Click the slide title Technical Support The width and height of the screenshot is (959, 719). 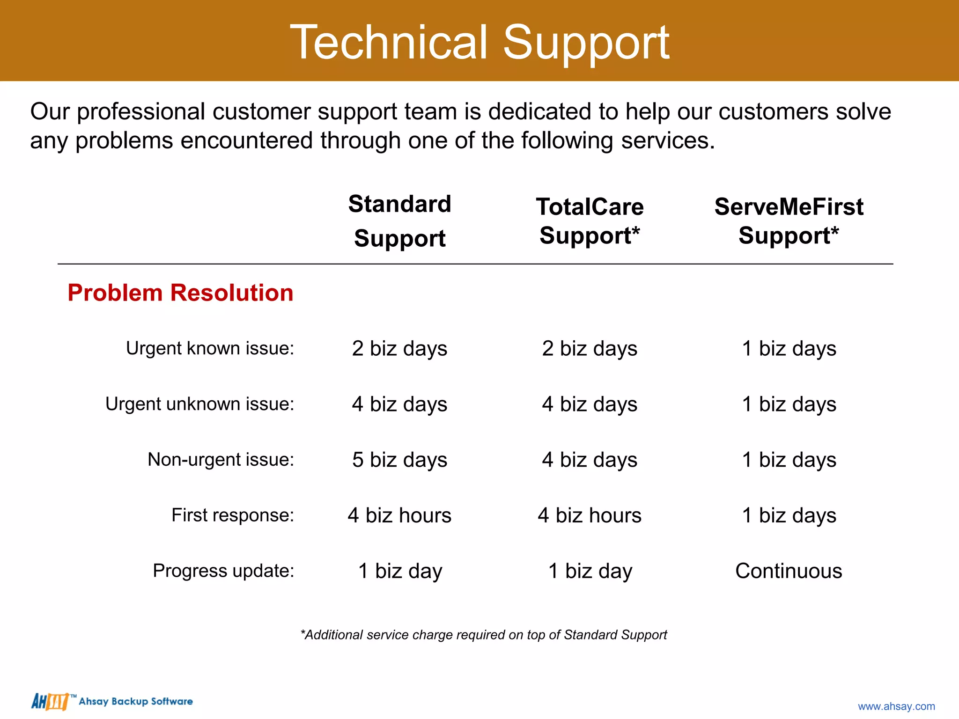[x=479, y=43]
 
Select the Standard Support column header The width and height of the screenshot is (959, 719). [x=399, y=221]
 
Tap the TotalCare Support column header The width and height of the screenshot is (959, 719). [x=590, y=221]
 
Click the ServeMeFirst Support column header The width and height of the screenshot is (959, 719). [x=789, y=221]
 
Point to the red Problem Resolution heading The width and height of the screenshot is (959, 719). [x=180, y=293]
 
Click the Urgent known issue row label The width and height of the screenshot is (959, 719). [x=210, y=348]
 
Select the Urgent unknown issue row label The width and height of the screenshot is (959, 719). [x=199, y=404]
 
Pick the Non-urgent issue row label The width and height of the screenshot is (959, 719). [x=221, y=460]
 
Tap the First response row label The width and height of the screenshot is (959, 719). [x=233, y=515]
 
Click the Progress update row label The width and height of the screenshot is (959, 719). [x=223, y=571]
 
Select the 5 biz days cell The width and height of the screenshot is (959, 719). [x=399, y=460]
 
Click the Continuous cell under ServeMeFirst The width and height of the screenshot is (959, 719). [x=789, y=571]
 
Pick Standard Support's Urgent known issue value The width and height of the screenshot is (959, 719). [x=399, y=349]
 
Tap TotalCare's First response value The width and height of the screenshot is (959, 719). [x=590, y=515]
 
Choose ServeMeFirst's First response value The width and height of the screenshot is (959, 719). [x=789, y=515]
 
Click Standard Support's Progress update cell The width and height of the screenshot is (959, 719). [x=399, y=571]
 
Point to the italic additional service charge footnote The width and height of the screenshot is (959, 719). [x=484, y=635]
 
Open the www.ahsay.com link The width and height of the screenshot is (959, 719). [x=896, y=706]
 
